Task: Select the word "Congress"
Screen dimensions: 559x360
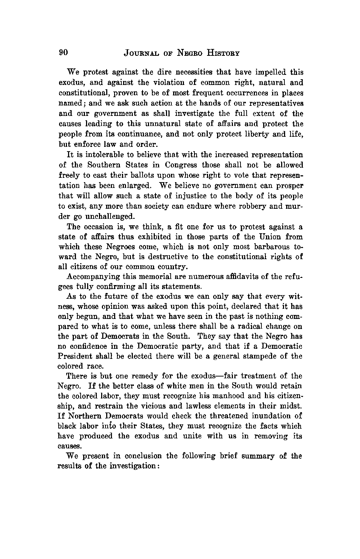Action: (x=181, y=165)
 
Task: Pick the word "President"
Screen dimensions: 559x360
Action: (x=75, y=356)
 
